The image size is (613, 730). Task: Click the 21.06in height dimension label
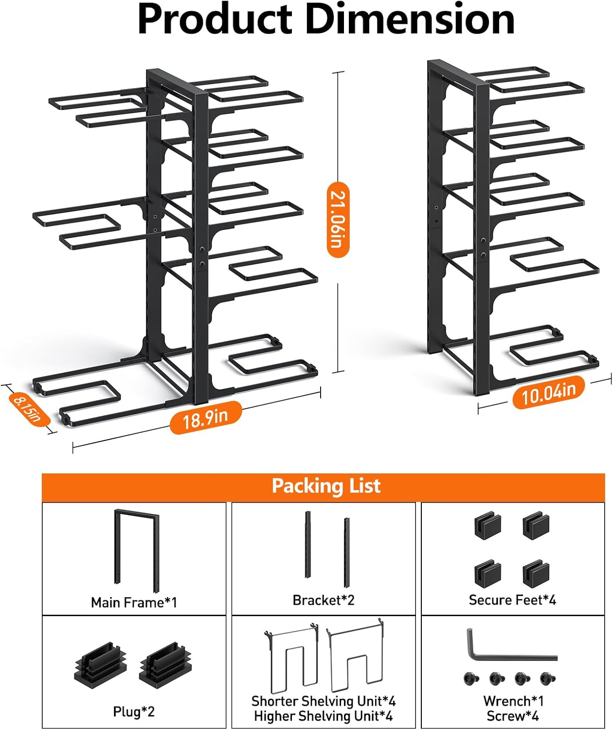point(338,219)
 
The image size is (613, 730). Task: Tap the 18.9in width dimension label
point(206,417)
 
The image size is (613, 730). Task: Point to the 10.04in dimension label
point(549,392)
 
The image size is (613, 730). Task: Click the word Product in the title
point(215,19)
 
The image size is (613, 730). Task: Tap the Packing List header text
point(326,486)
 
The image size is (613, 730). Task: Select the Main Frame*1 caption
point(134,602)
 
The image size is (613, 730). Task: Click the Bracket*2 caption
point(324,600)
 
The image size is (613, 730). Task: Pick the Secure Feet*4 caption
point(512,600)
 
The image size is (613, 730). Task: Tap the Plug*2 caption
point(134,712)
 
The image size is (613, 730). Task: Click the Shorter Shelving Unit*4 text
point(324,701)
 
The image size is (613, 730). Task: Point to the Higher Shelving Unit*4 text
point(324,716)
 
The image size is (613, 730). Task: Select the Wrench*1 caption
point(513,701)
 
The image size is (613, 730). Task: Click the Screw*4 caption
point(513,716)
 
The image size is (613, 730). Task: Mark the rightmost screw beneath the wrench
point(548,677)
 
